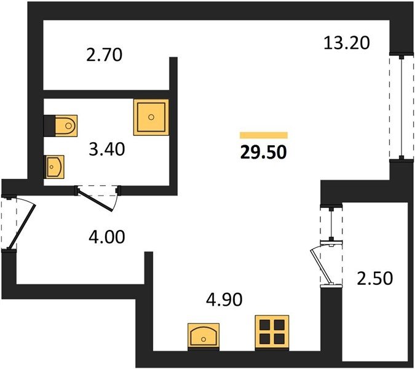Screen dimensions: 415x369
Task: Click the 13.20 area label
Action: [347, 44]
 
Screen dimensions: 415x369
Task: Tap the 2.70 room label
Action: [105, 55]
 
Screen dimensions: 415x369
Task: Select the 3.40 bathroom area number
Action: [107, 149]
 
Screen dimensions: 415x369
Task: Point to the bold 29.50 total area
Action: [263, 153]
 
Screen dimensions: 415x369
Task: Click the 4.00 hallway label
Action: [106, 237]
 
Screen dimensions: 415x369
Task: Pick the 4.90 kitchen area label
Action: [224, 300]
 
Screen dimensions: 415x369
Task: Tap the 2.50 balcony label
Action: [375, 278]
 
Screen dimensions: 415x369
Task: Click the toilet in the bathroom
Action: [66, 125]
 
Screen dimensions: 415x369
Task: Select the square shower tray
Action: [151, 117]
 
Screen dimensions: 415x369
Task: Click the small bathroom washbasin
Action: [54, 167]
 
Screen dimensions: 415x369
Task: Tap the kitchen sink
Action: [204, 336]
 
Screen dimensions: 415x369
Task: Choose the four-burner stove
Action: [272, 333]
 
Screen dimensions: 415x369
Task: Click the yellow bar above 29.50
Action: [264, 135]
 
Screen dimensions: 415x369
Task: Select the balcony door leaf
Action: [322, 266]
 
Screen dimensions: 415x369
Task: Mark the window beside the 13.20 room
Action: [401, 106]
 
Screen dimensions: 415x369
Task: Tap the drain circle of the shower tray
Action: [151, 117]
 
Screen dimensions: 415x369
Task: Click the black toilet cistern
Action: [50, 125]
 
